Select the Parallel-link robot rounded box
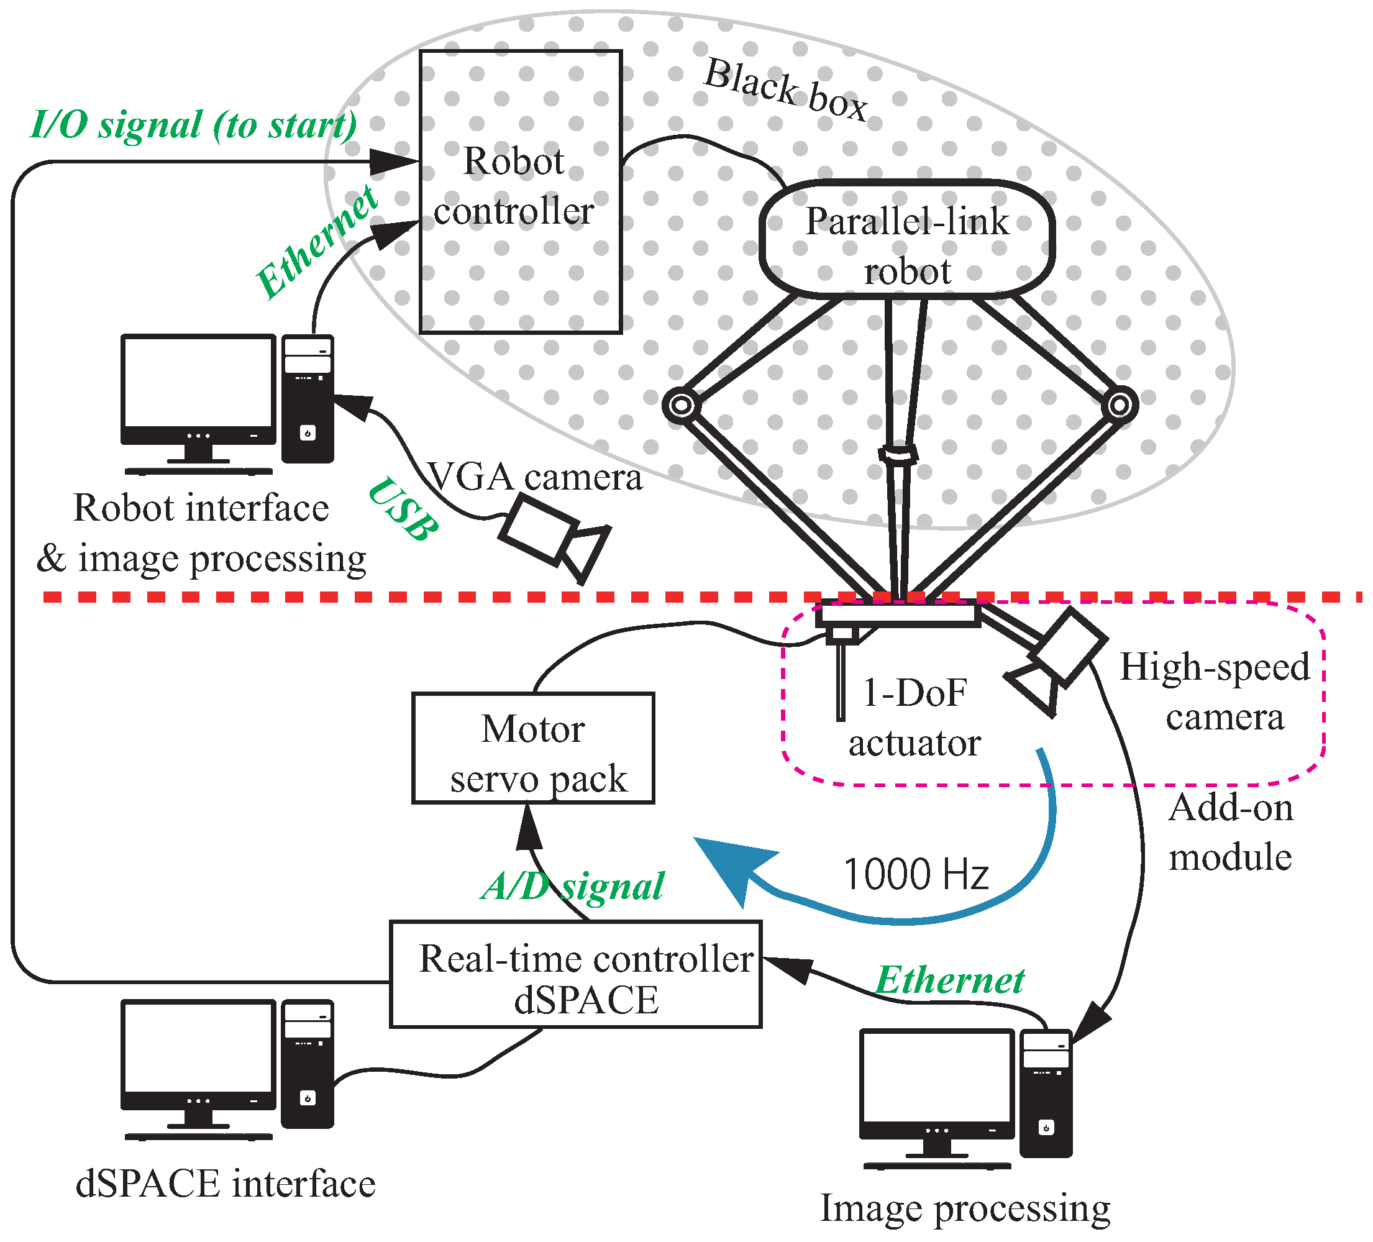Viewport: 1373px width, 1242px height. (906, 239)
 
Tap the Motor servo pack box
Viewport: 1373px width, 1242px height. (533, 747)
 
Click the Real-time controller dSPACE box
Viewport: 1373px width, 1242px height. (575, 974)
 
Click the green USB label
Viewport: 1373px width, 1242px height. (403, 509)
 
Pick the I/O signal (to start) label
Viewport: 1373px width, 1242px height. (193, 125)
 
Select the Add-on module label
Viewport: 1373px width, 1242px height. (1230, 832)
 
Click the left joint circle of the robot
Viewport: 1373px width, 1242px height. (681, 405)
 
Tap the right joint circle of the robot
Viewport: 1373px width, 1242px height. (1120, 405)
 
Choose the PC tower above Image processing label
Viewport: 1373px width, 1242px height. (1046, 1093)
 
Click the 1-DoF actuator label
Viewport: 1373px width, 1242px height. (914, 717)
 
